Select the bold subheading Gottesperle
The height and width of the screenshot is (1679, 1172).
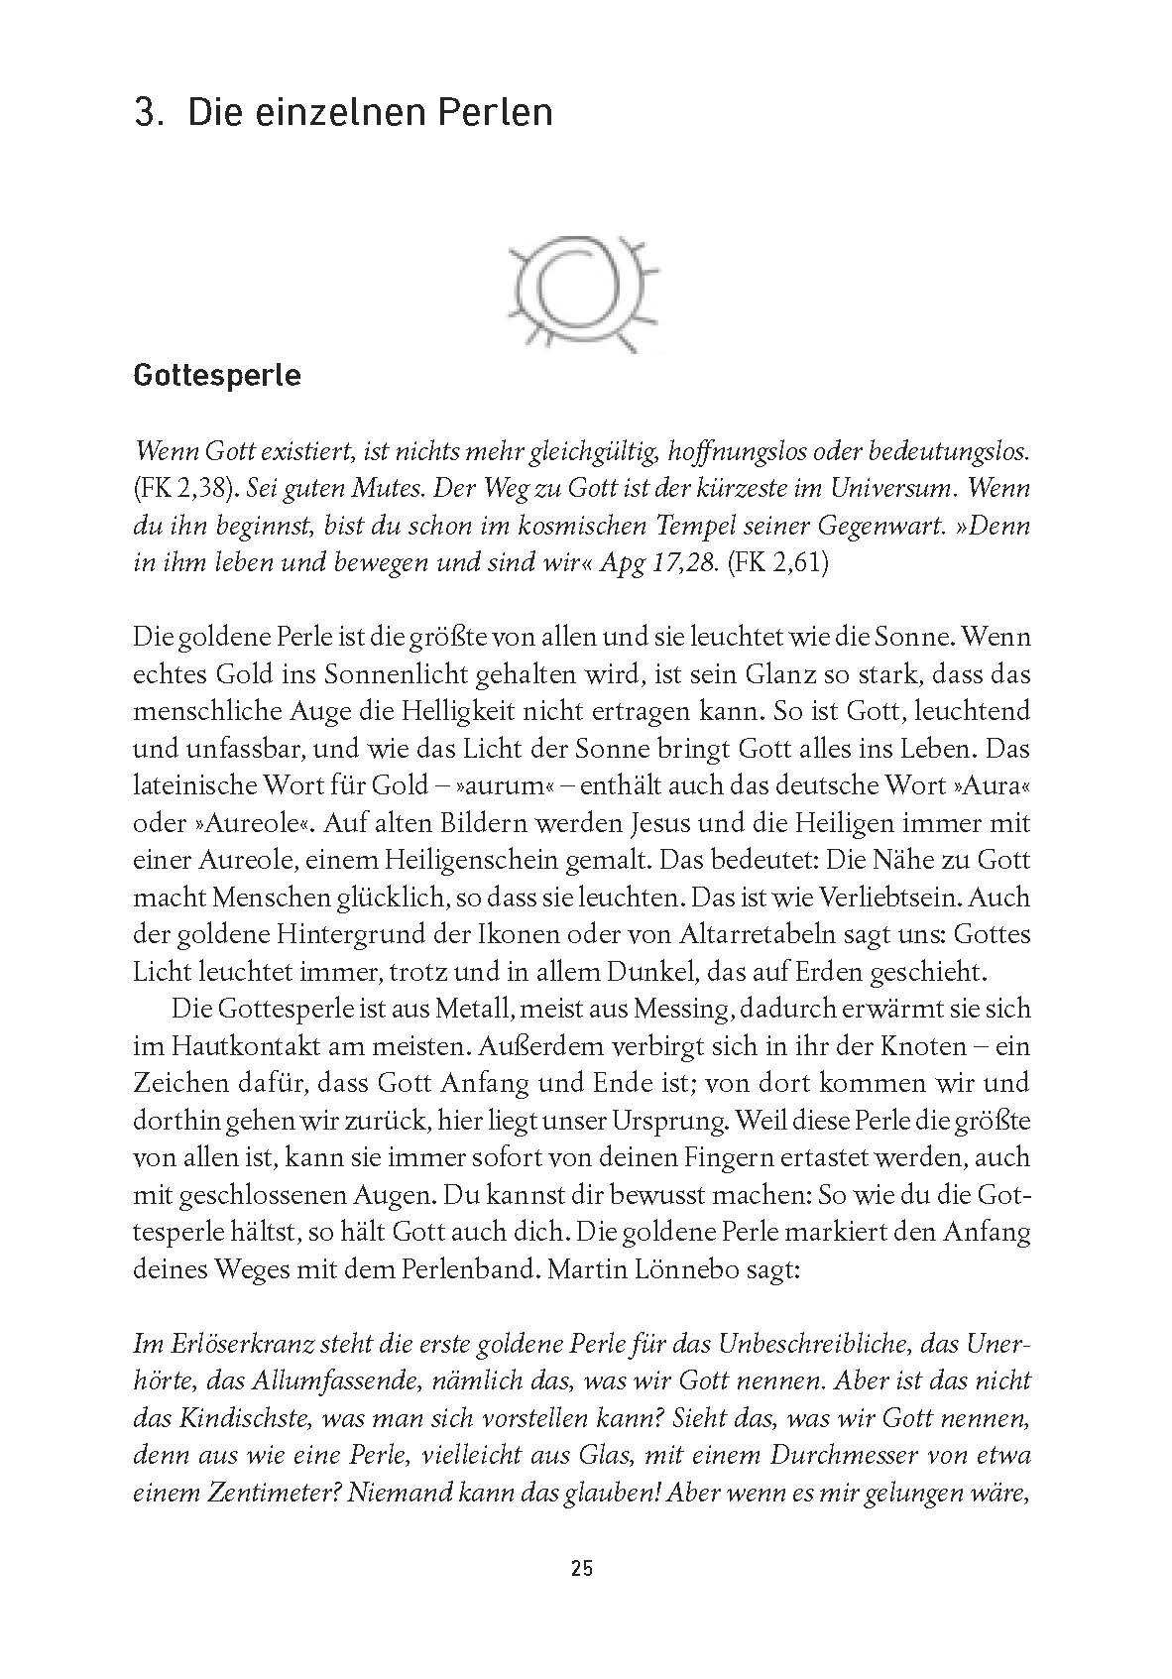(217, 377)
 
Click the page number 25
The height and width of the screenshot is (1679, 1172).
(582, 1597)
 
